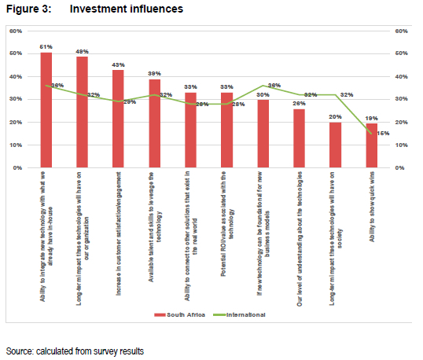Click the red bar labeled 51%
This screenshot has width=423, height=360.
pos(46,110)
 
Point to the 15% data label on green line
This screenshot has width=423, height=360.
pos(384,133)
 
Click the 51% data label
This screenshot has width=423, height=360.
pos(46,47)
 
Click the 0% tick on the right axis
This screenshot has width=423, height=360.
pos(399,167)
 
